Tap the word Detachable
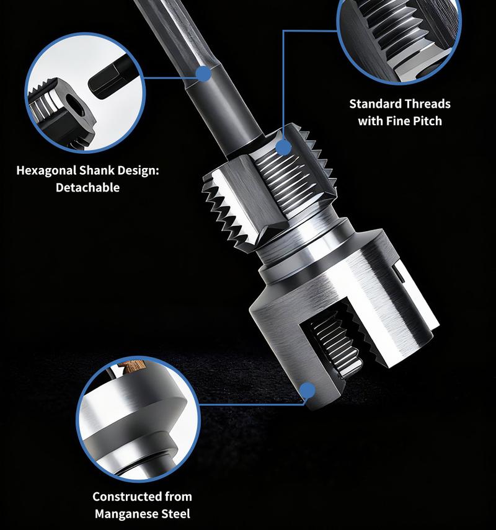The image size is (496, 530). click(x=87, y=187)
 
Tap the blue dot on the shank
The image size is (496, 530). click(x=203, y=75)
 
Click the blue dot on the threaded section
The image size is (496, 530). click(x=283, y=148)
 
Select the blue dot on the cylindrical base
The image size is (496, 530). click(x=306, y=391)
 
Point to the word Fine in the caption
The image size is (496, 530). click(x=397, y=120)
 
